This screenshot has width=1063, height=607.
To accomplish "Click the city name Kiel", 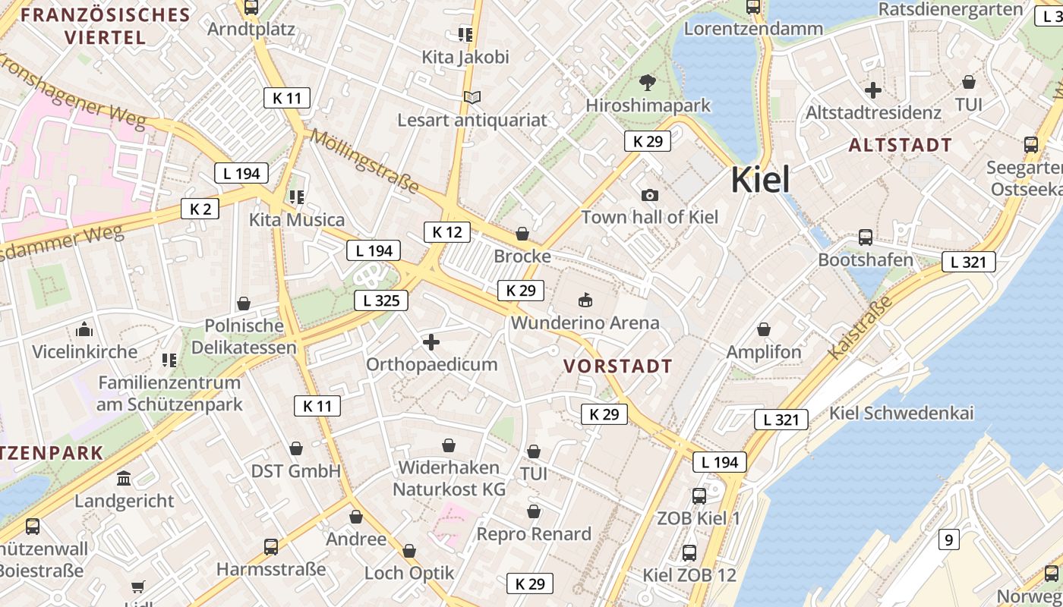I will [x=760, y=180].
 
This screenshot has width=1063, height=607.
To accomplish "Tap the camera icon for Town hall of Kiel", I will [x=649, y=195].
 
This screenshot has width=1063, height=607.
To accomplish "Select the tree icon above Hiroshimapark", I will [x=647, y=82].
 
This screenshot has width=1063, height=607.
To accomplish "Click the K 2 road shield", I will [x=200, y=209].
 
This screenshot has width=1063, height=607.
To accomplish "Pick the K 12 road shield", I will [x=446, y=232].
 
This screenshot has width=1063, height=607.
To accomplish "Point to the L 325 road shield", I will [x=381, y=300].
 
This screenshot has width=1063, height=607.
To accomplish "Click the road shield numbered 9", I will [x=948, y=539].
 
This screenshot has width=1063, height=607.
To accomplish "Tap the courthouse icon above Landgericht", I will [x=123, y=478].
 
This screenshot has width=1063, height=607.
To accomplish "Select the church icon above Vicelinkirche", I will [x=84, y=329].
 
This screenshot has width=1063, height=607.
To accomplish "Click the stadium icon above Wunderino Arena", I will [x=585, y=299].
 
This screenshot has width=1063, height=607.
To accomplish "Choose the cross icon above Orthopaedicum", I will [x=431, y=342].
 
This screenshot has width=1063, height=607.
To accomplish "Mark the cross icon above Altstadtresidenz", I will [x=873, y=90].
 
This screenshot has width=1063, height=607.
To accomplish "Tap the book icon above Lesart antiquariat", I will [x=472, y=97].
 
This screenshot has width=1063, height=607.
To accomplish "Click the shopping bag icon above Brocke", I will [x=522, y=234].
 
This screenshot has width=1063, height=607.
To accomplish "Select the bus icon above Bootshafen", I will [x=866, y=237].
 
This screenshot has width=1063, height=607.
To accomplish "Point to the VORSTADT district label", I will [x=618, y=366].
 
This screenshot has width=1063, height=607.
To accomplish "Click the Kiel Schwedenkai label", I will [x=901, y=414].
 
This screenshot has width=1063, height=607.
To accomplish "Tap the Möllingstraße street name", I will [x=364, y=162].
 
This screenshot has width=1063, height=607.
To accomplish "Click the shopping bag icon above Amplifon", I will [x=764, y=329].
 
